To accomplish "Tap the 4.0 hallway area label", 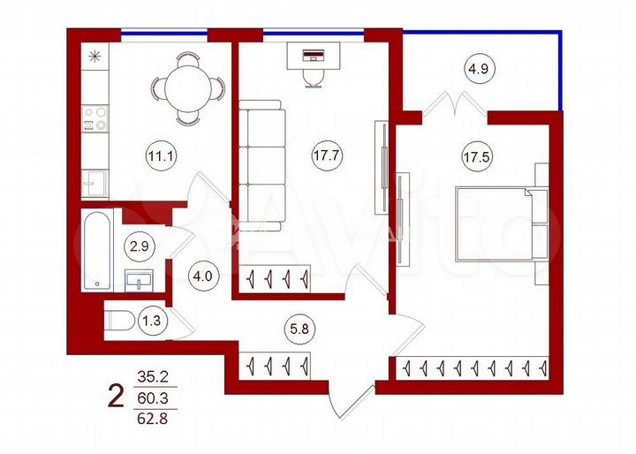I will coord(202,276).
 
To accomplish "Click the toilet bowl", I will coord(117,321).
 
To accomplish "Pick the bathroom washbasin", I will coord(142,281).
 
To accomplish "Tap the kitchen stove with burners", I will coord(95,119).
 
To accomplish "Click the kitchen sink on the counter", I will coord(95,183).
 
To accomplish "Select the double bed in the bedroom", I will coord(499,225).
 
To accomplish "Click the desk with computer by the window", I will coord(313,59).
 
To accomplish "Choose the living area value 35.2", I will coord(152,377).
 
